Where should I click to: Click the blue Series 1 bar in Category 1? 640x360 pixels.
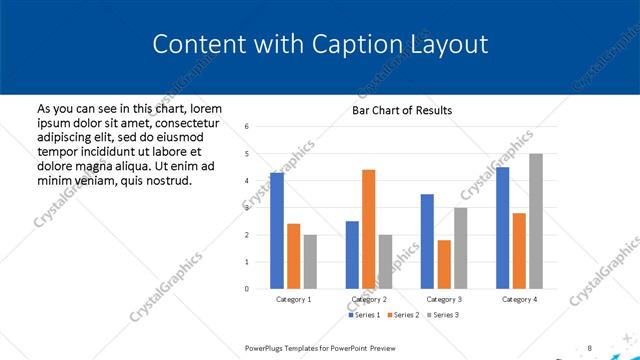coord(277,231)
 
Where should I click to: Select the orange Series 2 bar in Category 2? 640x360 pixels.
coord(368,229)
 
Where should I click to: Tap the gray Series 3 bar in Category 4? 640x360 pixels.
coord(536,221)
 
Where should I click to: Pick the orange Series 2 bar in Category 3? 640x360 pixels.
coord(444,264)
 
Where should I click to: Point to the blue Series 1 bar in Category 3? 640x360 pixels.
coord(427,241)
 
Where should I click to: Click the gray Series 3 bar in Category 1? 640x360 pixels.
coord(310,261)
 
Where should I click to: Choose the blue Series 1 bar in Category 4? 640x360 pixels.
coord(502,228)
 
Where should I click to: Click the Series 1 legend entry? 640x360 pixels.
coord(364,315)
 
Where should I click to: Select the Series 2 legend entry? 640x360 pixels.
coord(402,315)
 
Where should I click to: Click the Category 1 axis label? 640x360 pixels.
coord(293,299)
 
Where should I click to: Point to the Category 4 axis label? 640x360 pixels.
coord(519,299)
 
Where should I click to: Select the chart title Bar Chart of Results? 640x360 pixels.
coord(401,110)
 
